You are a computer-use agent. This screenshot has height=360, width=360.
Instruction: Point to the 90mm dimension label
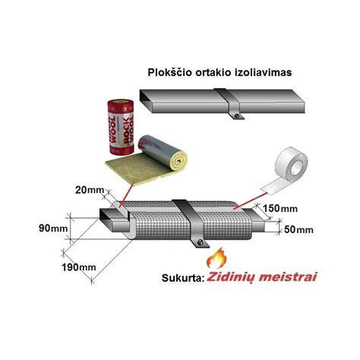tap(53, 229)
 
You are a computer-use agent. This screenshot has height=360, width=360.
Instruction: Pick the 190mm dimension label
tap(79, 267)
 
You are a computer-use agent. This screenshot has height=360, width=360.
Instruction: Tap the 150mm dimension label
tap(280, 209)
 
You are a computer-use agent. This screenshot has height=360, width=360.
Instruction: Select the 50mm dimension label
tap(298, 230)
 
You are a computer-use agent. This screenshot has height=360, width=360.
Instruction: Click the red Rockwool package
tap(121, 127)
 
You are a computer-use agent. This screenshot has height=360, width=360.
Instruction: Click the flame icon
tap(216, 258)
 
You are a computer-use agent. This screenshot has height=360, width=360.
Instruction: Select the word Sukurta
tap(183, 278)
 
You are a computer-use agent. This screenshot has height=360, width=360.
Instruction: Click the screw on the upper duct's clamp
tap(236, 115)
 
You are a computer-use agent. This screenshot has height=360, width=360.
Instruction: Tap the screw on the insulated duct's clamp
tap(201, 243)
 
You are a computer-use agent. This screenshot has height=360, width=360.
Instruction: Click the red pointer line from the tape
tap(250, 201)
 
